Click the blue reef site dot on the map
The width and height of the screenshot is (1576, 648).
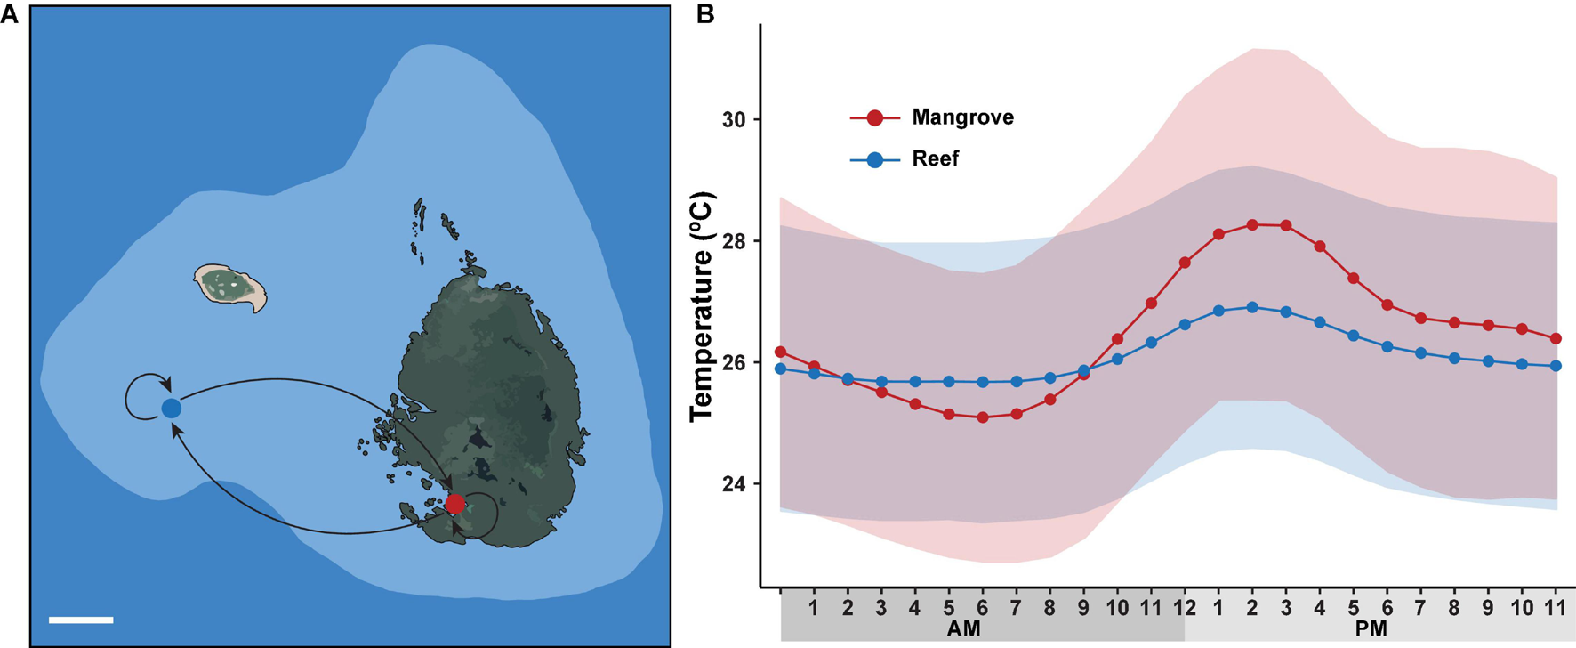click(x=171, y=409)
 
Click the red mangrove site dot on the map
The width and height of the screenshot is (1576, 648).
click(x=455, y=504)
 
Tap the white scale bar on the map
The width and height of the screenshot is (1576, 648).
click(x=81, y=620)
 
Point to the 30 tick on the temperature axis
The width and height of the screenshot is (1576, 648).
click(x=735, y=119)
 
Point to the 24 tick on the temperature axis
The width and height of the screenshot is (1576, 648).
click(x=735, y=484)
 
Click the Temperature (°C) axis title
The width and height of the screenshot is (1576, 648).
click(x=702, y=305)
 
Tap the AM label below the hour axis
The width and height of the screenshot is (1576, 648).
click(x=963, y=629)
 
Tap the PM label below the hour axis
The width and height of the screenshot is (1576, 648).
click(x=1371, y=629)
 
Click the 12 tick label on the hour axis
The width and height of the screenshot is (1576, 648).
click(x=1185, y=608)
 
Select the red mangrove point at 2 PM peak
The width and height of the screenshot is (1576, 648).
click(x=1252, y=225)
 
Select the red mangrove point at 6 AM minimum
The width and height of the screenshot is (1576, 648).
click(x=983, y=417)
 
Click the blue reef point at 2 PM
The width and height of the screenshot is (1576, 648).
click(x=1252, y=307)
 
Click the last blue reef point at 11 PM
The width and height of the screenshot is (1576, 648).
click(x=1556, y=366)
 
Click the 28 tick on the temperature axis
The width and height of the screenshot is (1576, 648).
click(x=735, y=241)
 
